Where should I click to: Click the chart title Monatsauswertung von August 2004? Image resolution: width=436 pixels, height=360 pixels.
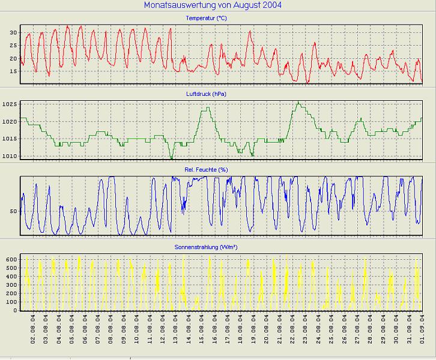pyautogui.click(x=213, y=5)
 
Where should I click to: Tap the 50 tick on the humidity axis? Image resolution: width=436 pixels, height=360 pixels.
pyautogui.click(x=13, y=211)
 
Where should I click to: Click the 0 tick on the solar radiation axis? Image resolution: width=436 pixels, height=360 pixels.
pyautogui.click(x=16, y=310)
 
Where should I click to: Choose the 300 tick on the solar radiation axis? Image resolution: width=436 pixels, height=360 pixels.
pyautogui.click(x=11, y=285)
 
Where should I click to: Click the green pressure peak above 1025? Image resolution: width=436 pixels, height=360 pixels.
pyautogui.click(x=297, y=102)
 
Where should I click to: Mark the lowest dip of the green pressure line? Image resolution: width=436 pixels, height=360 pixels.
pyautogui.click(x=172, y=158)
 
